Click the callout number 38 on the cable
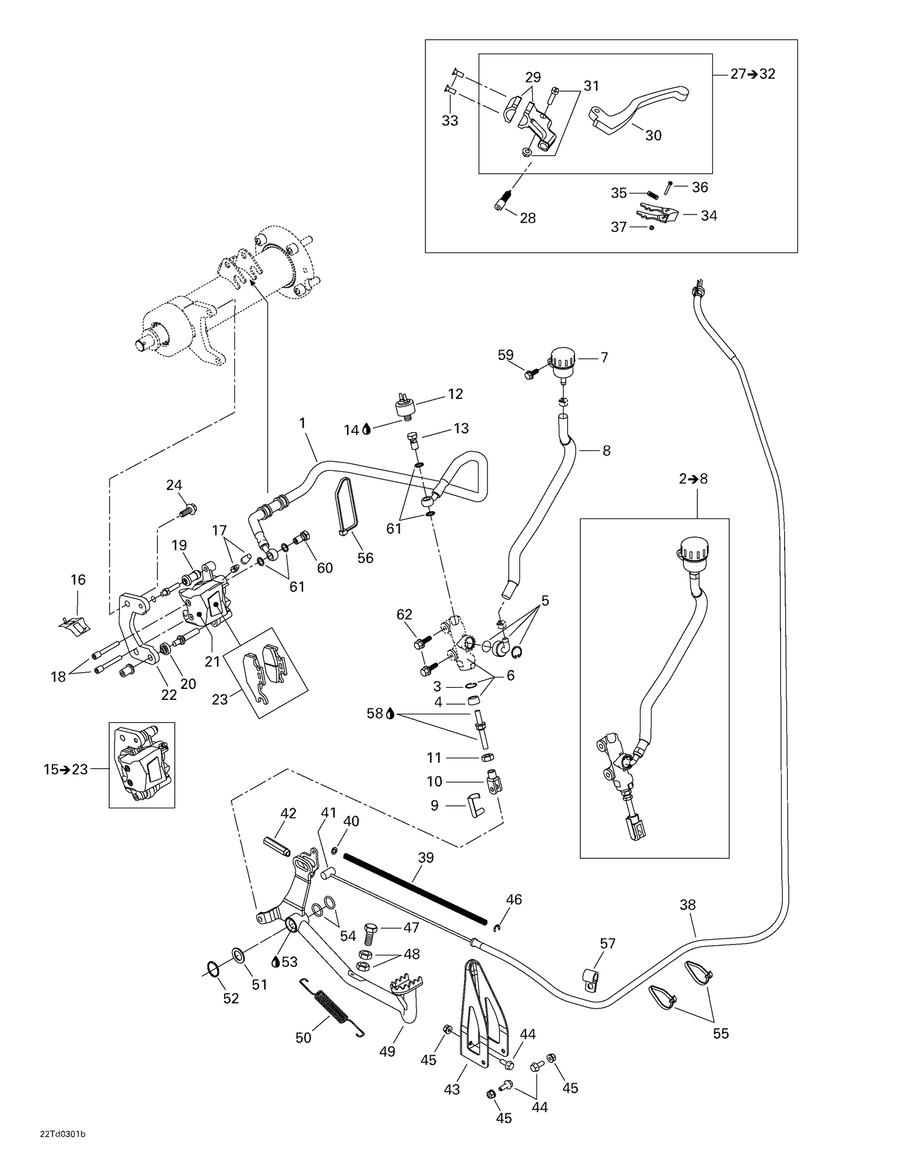point(687,905)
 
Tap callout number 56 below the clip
point(365,558)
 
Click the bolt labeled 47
point(371,934)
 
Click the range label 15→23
point(66,769)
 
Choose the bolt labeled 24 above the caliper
point(187,511)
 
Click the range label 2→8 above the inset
point(693,479)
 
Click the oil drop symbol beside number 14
point(366,430)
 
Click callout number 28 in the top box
point(527,218)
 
